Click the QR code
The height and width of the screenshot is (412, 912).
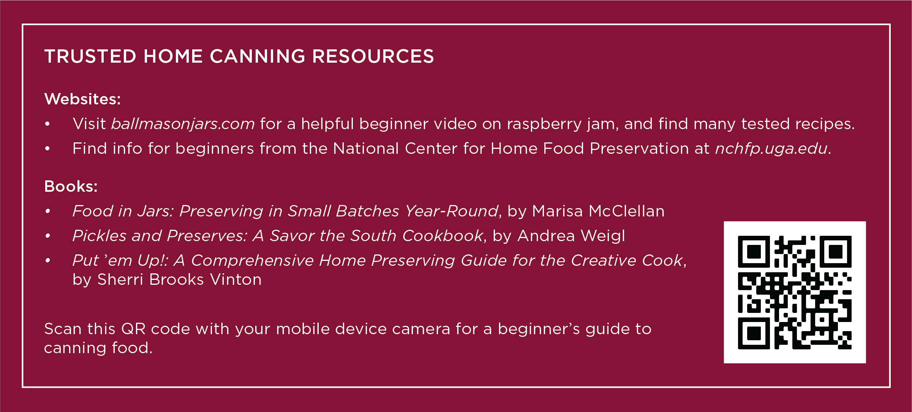click(x=795, y=292)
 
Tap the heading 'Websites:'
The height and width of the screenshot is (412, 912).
click(x=82, y=99)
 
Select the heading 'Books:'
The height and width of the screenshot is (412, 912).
click(x=71, y=186)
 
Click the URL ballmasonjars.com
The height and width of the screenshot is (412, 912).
click(x=183, y=124)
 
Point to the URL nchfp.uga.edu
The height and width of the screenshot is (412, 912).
click(x=771, y=149)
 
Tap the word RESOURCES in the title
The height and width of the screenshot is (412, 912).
click(x=373, y=57)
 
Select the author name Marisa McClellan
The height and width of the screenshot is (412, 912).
click(x=598, y=211)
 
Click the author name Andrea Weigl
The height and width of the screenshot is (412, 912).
click(x=571, y=236)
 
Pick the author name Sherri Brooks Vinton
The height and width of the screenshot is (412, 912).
click(x=179, y=280)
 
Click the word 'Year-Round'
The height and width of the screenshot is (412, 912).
click(x=452, y=211)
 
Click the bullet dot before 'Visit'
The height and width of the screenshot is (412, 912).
click(x=47, y=124)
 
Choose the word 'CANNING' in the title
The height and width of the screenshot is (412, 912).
click(x=258, y=57)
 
